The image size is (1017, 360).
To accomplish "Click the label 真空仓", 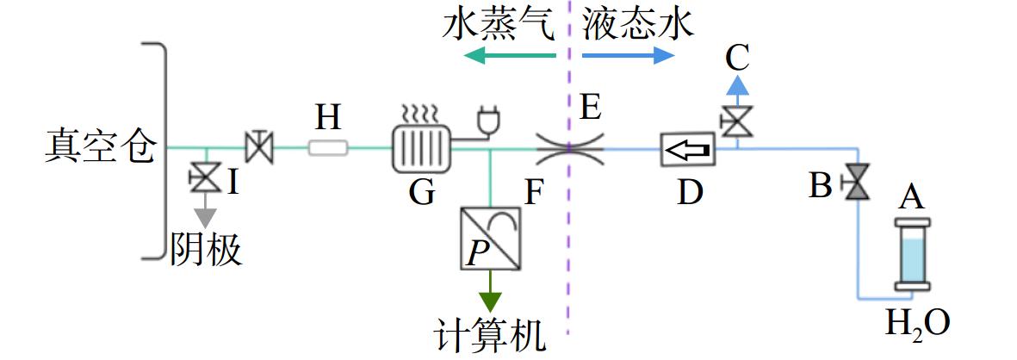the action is tap(101, 148).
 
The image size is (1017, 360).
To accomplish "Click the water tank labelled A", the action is tap(912, 254).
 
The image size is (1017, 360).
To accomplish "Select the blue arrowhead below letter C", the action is tap(737, 85).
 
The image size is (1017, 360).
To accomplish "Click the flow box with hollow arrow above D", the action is tap(687, 149).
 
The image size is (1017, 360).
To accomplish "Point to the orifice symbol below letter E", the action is tap(569, 149).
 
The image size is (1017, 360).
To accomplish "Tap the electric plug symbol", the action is tap(486, 121).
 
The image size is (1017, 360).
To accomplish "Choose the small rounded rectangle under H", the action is tap(328, 149).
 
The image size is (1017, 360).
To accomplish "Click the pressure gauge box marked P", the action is tap(490, 239).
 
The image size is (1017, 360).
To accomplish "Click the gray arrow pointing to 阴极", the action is tap(207, 210).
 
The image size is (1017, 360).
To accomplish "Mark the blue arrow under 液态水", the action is tap(629, 56).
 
